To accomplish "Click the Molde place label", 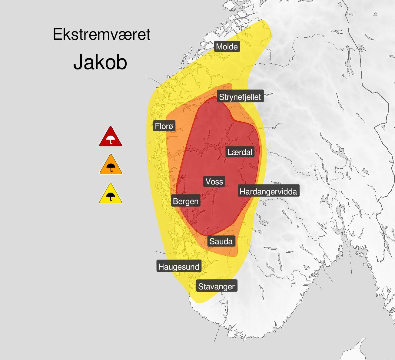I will pyautogui.click(x=227, y=47).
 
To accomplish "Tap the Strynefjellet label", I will pyautogui.click(x=240, y=97).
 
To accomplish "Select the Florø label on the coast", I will pyautogui.click(x=164, y=126).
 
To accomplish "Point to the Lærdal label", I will pyautogui.click(x=240, y=152).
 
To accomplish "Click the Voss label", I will pyautogui.click(x=214, y=182).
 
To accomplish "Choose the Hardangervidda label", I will pyautogui.click(x=268, y=192).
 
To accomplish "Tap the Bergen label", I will pyautogui.click(x=186, y=201).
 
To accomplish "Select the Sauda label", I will pyautogui.click(x=221, y=241).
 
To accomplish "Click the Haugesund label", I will pyautogui.click(x=179, y=267).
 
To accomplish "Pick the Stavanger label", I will pyautogui.click(x=216, y=287).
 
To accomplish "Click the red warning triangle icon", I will pyautogui.click(x=111, y=137).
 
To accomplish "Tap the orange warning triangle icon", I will pyautogui.click(x=111, y=165).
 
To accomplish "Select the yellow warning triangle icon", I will pyautogui.click(x=111, y=194).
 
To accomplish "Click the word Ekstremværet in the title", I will pyautogui.click(x=101, y=34).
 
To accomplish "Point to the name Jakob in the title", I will pyautogui.click(x=100, y=62).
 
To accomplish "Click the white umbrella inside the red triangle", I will pyautogui.click(x=111, y=140).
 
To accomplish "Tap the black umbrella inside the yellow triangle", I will pyautogui.click(x=111, y=197).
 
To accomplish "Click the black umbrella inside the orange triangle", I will pyautogui.click(x=111, y=167).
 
